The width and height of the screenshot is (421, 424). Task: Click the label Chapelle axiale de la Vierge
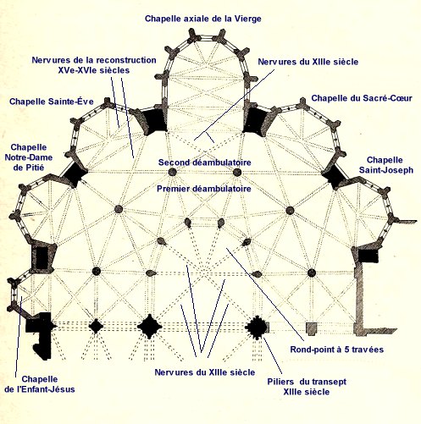pos(203,19)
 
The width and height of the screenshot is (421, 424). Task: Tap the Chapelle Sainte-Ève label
pos(52,102)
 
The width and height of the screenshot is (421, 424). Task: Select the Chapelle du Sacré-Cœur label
pos(362,98)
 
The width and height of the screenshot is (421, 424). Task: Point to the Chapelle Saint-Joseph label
pos(386,165)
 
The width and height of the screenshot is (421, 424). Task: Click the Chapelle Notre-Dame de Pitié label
pos(29,157)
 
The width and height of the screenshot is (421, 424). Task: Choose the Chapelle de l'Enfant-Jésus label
pos(40,384)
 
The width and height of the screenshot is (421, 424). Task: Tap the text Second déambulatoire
pos(205,162)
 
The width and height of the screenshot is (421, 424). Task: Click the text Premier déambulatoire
pos(204,189)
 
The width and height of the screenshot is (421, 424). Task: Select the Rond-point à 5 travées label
pos(337,350)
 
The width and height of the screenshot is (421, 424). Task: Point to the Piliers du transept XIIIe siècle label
pos(307,387)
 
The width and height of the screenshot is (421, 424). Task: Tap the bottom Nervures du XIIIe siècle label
pos(205,372)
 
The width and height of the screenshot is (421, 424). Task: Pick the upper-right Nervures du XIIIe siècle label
pos(308,62)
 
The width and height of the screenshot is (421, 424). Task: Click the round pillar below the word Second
pos(172,172)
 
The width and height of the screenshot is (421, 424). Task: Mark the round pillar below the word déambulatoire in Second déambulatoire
pos(237,173)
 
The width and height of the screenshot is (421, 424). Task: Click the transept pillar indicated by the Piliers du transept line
pos(257,328)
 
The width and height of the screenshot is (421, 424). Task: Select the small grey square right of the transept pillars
pos(311,328)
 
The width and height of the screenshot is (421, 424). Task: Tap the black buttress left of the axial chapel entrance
pos(152,120)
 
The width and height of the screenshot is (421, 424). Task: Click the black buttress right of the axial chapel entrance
pos(256,120)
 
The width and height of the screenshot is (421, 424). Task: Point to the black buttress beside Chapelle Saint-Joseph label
pos(335,177)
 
